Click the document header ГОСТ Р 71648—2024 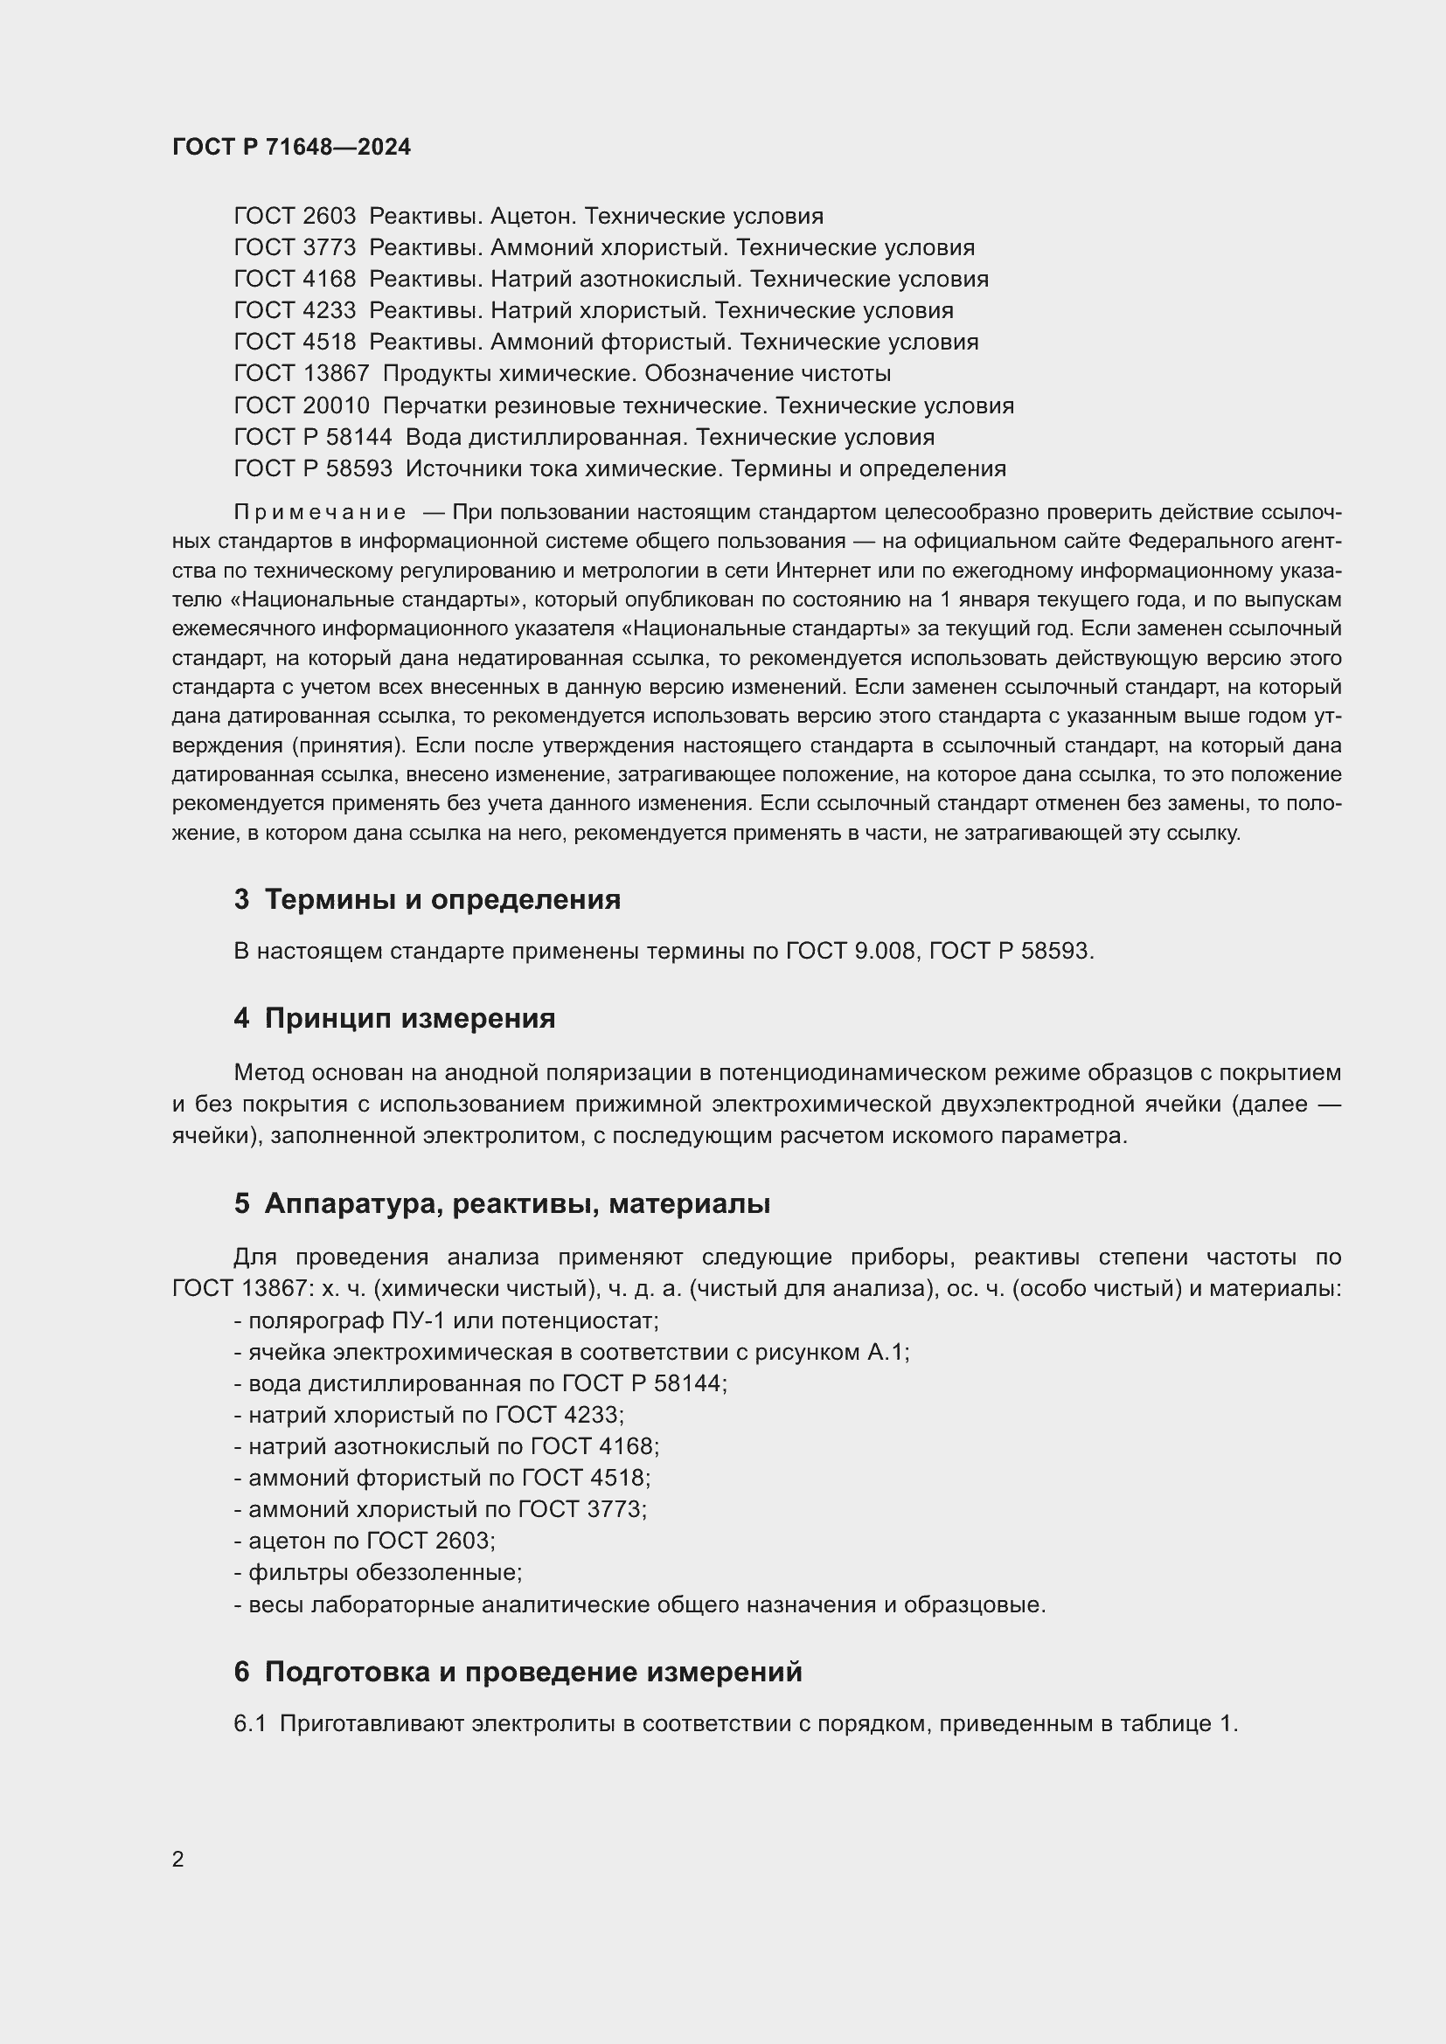pyautogui.click(x=291, y=147)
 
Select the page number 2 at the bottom pyautogui.click(x=178, y=1859)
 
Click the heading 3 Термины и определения pyautogui.click(x=428, y=900)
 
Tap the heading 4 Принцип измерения pyautogui.click(x=394, y=1018)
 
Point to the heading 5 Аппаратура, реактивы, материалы pyautogui.click(x=502, y=1204)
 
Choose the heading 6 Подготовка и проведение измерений pyautogui.click(x=518, y=1673)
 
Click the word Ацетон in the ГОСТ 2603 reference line pyautogui.click(x=531, y=217)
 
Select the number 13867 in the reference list pyautogui.click(x=337, y=374)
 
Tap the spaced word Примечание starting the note pyautogui.click(x=320, y=513)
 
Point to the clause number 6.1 pyautogui.click(x=249, y=1724)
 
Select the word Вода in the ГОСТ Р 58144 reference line pyautogui.click(x=433, y=437)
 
